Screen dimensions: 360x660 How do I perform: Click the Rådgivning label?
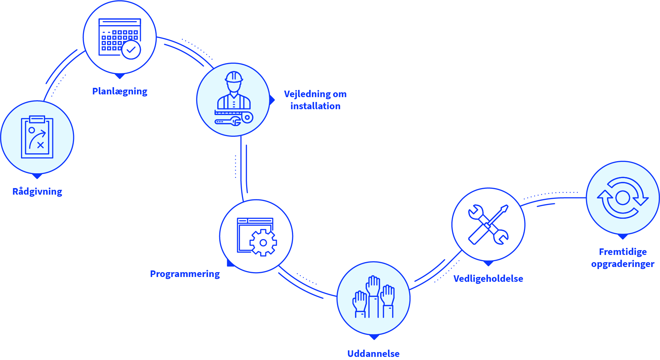[37, 192]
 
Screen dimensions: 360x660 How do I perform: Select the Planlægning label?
[119, 91]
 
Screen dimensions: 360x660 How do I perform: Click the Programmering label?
[185, 274]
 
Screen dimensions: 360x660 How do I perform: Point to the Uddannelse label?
[373, 353]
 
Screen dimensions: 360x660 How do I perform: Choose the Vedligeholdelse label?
[488, 279]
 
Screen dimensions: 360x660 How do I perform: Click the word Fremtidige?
[623, 252]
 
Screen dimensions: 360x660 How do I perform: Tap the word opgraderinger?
[623, 264]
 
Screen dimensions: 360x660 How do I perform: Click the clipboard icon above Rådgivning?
[37, 137]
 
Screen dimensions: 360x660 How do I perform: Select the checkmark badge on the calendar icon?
[131, 50]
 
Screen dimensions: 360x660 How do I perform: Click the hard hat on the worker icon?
[234, 77]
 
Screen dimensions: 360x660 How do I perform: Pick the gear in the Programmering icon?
[263, 243]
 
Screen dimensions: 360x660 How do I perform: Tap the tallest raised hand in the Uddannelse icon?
[373, 286]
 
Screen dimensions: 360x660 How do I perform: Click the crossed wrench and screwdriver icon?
[488, 225]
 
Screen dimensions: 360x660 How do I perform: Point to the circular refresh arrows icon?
[622, 198]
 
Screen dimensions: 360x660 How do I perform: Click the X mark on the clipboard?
[41, 145]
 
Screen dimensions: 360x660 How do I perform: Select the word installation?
[315, 106]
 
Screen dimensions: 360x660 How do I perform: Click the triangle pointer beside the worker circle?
[272, 100]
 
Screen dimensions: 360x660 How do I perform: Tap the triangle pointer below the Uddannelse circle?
[374, 337]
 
